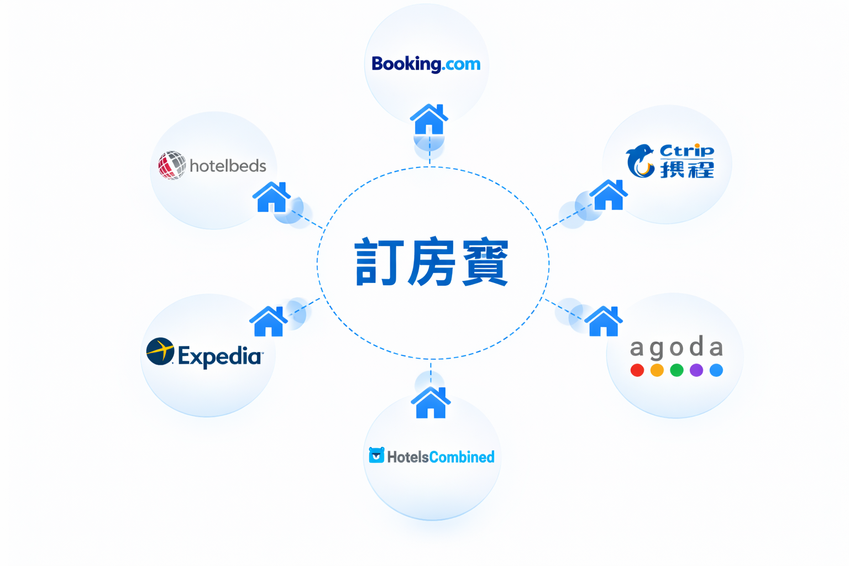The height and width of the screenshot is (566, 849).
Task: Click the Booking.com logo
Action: point(426,64)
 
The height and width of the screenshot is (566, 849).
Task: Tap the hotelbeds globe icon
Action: point(171,165)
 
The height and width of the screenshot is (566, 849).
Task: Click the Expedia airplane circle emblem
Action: point(160,352)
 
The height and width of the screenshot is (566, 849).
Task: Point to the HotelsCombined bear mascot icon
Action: point(376,455)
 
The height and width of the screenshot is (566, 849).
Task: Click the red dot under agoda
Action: point(637,370)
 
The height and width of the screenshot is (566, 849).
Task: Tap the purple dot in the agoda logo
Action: point(696,370)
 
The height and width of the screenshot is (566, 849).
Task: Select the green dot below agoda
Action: point(677,370)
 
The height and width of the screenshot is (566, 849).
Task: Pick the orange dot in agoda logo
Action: point(657,370)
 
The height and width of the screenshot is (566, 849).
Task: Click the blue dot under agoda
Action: point(716,370)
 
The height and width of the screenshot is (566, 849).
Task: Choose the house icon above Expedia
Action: point(269,322)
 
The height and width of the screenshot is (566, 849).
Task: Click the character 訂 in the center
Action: point(376,262)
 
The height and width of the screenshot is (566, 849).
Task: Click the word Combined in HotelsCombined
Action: point(462,457)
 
